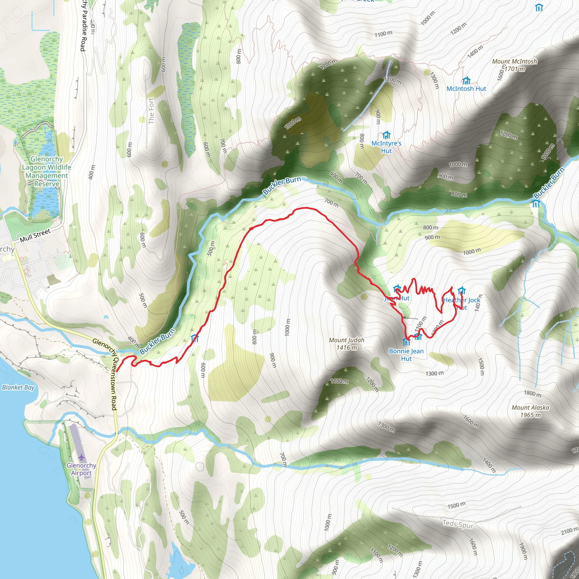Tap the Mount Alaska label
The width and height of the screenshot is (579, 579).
point(530,408)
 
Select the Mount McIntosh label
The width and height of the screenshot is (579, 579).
point(514,61)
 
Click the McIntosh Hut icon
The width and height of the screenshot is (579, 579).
point(466,81)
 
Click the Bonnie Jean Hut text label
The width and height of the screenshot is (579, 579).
point(406,355)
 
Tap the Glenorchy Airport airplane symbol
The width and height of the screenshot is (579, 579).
point(81,457)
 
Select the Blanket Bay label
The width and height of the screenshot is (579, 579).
point(18,388)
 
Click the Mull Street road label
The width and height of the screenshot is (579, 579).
point(35,236)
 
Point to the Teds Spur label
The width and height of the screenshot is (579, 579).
point(458,524)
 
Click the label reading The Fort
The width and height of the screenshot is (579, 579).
point(151,111)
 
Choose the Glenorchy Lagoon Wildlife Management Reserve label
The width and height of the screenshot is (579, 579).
point(47,171)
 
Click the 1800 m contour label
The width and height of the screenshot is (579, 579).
point(532,394)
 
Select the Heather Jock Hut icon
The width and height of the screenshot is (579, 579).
point(461,290)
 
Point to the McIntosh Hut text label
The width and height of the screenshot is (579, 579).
point(466,89)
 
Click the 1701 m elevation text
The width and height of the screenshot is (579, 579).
point(515,69)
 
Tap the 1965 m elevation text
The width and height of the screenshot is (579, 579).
point(530,415)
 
